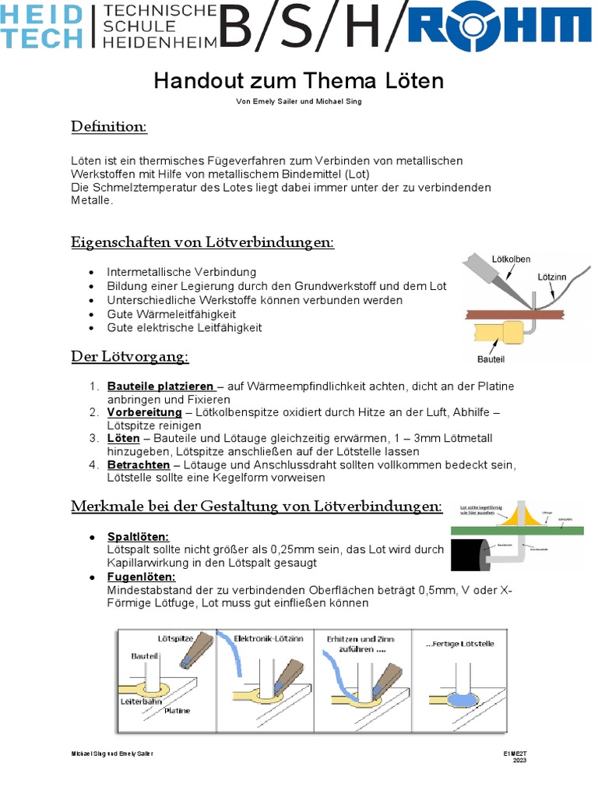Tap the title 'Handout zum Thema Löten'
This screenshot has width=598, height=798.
pos(298,81)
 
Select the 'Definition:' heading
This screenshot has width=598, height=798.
pos(109,126)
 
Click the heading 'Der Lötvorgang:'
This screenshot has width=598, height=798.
pos(130,357)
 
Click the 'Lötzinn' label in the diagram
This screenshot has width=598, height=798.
pos(553,276)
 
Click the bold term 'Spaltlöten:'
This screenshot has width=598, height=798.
pos(138,537)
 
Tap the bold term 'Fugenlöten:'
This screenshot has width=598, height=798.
pos(141,577)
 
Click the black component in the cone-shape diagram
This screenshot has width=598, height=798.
pos(467,554)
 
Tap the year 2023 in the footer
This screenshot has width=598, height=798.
pos(519,761)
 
